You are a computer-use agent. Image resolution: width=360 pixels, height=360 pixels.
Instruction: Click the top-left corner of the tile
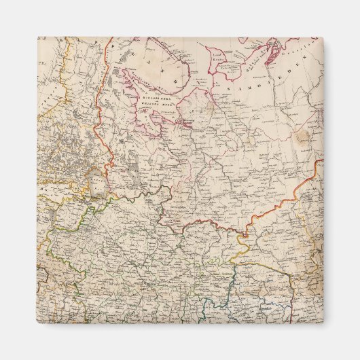pos(38,38)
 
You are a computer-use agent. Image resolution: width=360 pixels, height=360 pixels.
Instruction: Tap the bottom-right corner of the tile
pos(323,323)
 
